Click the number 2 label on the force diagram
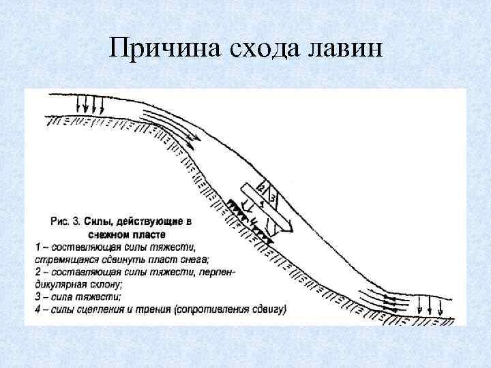[x=261, y=187]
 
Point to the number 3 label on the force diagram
[x=272, y=198]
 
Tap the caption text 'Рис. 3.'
[x=67, y=221]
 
